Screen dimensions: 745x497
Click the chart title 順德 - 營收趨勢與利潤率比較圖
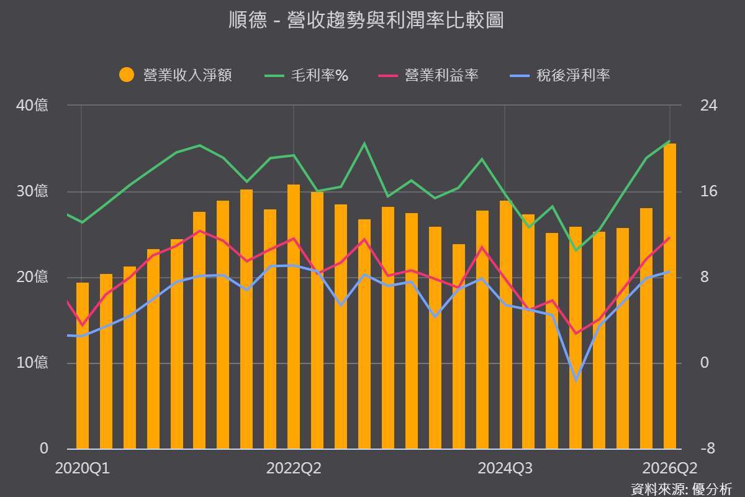pos(366,20)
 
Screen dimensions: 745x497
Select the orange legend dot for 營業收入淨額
pos(127,75)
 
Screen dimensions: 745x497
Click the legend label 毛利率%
pos(320,75)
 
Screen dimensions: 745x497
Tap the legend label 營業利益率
pos(441,75)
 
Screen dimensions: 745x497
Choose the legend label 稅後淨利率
pos(573,75)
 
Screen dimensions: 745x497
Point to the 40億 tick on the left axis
pos(32,106)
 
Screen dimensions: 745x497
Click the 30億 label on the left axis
pos(32,191)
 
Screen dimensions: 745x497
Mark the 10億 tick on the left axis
pos(32,363)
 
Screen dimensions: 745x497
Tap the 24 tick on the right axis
pos(709,106)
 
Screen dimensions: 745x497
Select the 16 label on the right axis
pos(709,191)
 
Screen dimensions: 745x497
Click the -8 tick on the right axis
pos(708,449)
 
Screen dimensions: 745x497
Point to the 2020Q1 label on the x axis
pos(82,468)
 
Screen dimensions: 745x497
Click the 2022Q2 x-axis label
pos(294,468)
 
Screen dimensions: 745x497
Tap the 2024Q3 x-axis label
pos(505,468)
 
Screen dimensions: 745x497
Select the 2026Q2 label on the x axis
pos(669,468)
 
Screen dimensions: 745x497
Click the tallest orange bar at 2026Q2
pos(670,296)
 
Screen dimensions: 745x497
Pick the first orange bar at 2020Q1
pos(83,365)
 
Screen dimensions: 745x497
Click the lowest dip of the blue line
pos(576,380)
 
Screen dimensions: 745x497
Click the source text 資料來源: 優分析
pos(682,490)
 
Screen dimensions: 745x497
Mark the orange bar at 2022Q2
pos(294,317)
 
